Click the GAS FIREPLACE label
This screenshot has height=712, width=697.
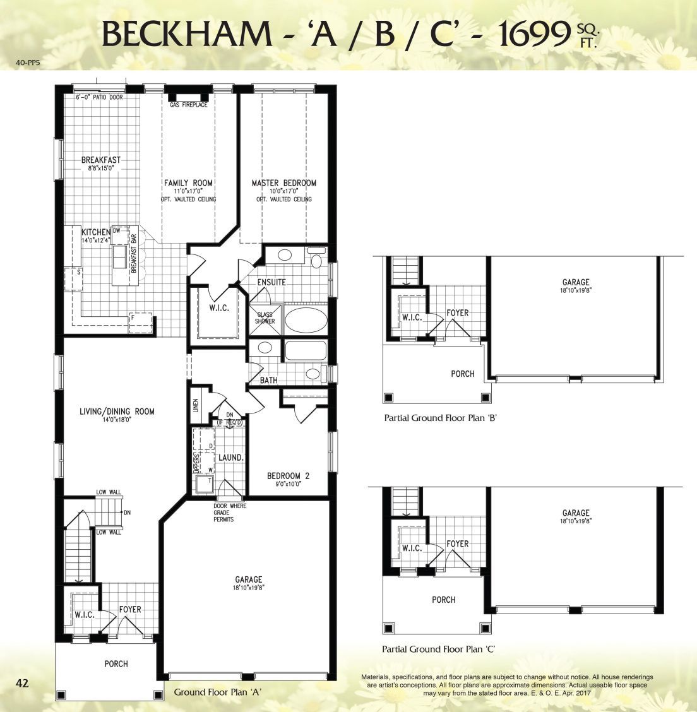pyautogui.click(x=188, y=105)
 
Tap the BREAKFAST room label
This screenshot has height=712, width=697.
pyautogui.click(x=101, y=160)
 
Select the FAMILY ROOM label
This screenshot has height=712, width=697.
pyautogui.click(x=188, y=183)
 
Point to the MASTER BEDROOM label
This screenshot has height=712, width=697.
pyautogui.click(x=284, y=183)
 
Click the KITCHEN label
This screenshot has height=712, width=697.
pyautogui.click(x=96, y=232)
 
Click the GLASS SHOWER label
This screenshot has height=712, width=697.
pyautogui.click(x=265, y=317)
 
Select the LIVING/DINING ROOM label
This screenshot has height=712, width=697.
pyautogui.click(x=117, y=412)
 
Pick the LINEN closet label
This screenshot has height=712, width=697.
pyautogui.click(x=196, y=405)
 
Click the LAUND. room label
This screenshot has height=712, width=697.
pyautogui.click(x=230, y=458)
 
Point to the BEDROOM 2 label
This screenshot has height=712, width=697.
pyautogui.click(x=288, y=476)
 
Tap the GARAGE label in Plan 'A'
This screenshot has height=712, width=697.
pyautogui.click(x=248, y=579)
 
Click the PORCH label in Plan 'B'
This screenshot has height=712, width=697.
pyautogui.click(x=463, y=374)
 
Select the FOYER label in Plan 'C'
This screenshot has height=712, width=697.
pyautogui.click(x=457, y=543)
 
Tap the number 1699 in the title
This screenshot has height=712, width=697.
pyautogui.click(x=535, y=34)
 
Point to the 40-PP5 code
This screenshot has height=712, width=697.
pyautogui.click(x=28, y=63)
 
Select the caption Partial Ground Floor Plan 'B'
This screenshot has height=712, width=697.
pyautogui.click(x=441, y=418)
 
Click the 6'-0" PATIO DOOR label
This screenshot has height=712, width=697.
pyautogui.click(x=99, y=97)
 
